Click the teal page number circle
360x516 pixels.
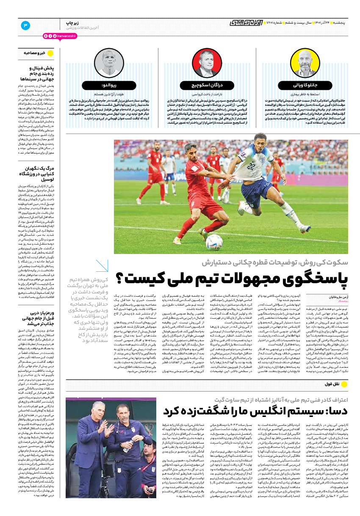(x=25, y=25)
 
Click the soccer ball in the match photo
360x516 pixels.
(x=214, y=242)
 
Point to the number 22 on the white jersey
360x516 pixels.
(x=253, y=165)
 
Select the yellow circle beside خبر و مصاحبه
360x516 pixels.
(x=51, y=53)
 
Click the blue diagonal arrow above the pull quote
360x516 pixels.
(x=102, y=266)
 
